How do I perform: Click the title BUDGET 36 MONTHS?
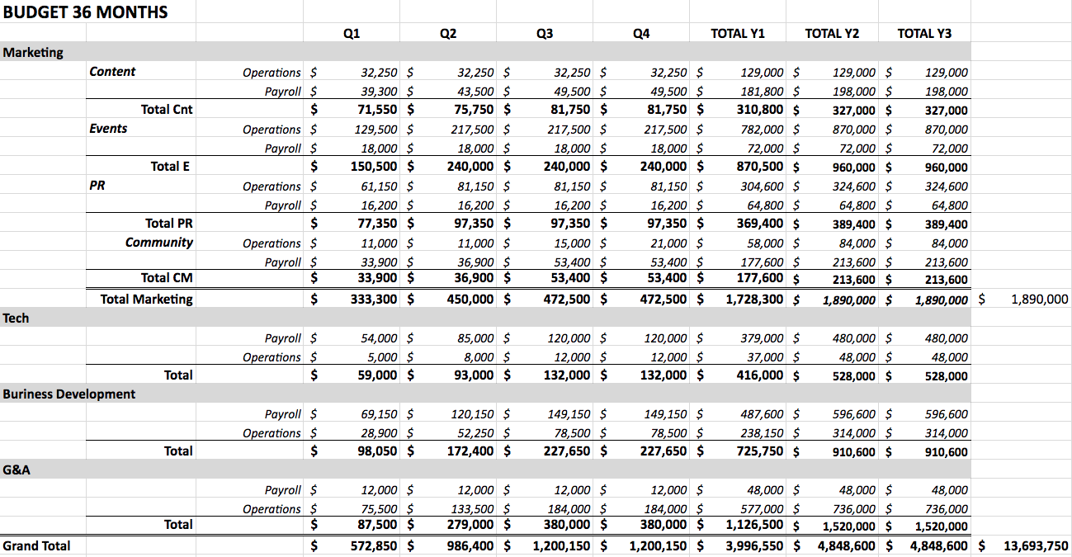86,12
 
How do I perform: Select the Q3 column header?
545,33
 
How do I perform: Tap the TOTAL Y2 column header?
832,33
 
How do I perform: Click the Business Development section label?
69,394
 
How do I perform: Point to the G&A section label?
17,470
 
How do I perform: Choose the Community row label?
158,243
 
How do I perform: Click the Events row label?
108,129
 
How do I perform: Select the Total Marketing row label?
146,299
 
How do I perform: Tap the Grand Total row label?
37,545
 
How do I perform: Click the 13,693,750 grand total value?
1036,545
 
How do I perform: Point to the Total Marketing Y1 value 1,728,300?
754,299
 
